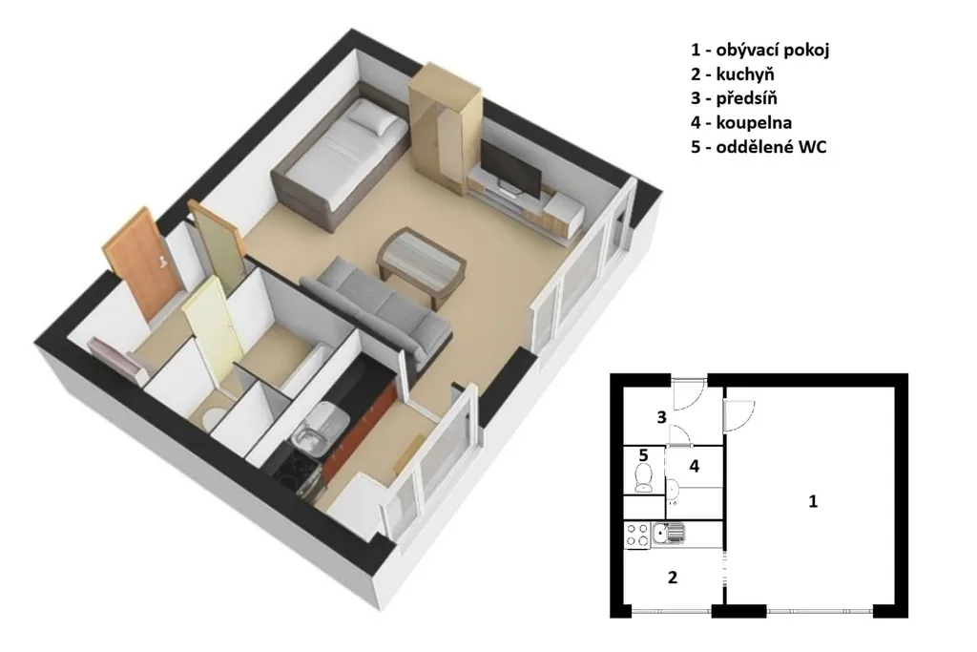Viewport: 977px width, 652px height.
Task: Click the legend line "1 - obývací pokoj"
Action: pyautogui.click(x=759, y=51)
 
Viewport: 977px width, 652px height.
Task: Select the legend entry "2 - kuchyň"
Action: pyautogui.click(x=732, y=74)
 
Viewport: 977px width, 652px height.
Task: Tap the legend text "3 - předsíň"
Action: pyautogui.click(x=734, y=98)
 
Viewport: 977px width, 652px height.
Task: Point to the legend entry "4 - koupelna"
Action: pyautogui.click(x=740, y=123)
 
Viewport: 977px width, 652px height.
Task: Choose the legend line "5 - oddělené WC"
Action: pyautogui.click(x=759, y=147)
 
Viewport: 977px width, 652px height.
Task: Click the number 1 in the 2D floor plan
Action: pyautogui.click(x=813, y=501)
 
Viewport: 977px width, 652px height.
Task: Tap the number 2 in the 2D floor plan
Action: pyautogui.click(x=673, y=578)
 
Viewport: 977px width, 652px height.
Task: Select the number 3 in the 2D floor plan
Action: pyautogui.click(x=662, y=417)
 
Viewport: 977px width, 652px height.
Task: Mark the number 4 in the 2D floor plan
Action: pyautogui.click(x=694, y=466)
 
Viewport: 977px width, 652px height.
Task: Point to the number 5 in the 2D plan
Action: pyautogui.click(x=644, y=455)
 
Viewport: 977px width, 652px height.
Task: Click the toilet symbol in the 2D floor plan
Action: pyautogui.click(x=642, y=478)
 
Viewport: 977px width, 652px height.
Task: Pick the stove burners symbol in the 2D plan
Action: pyautogui.click(x=637, y=536)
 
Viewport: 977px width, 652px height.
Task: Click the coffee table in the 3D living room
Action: pyautogui.click(x=422, y=263)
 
